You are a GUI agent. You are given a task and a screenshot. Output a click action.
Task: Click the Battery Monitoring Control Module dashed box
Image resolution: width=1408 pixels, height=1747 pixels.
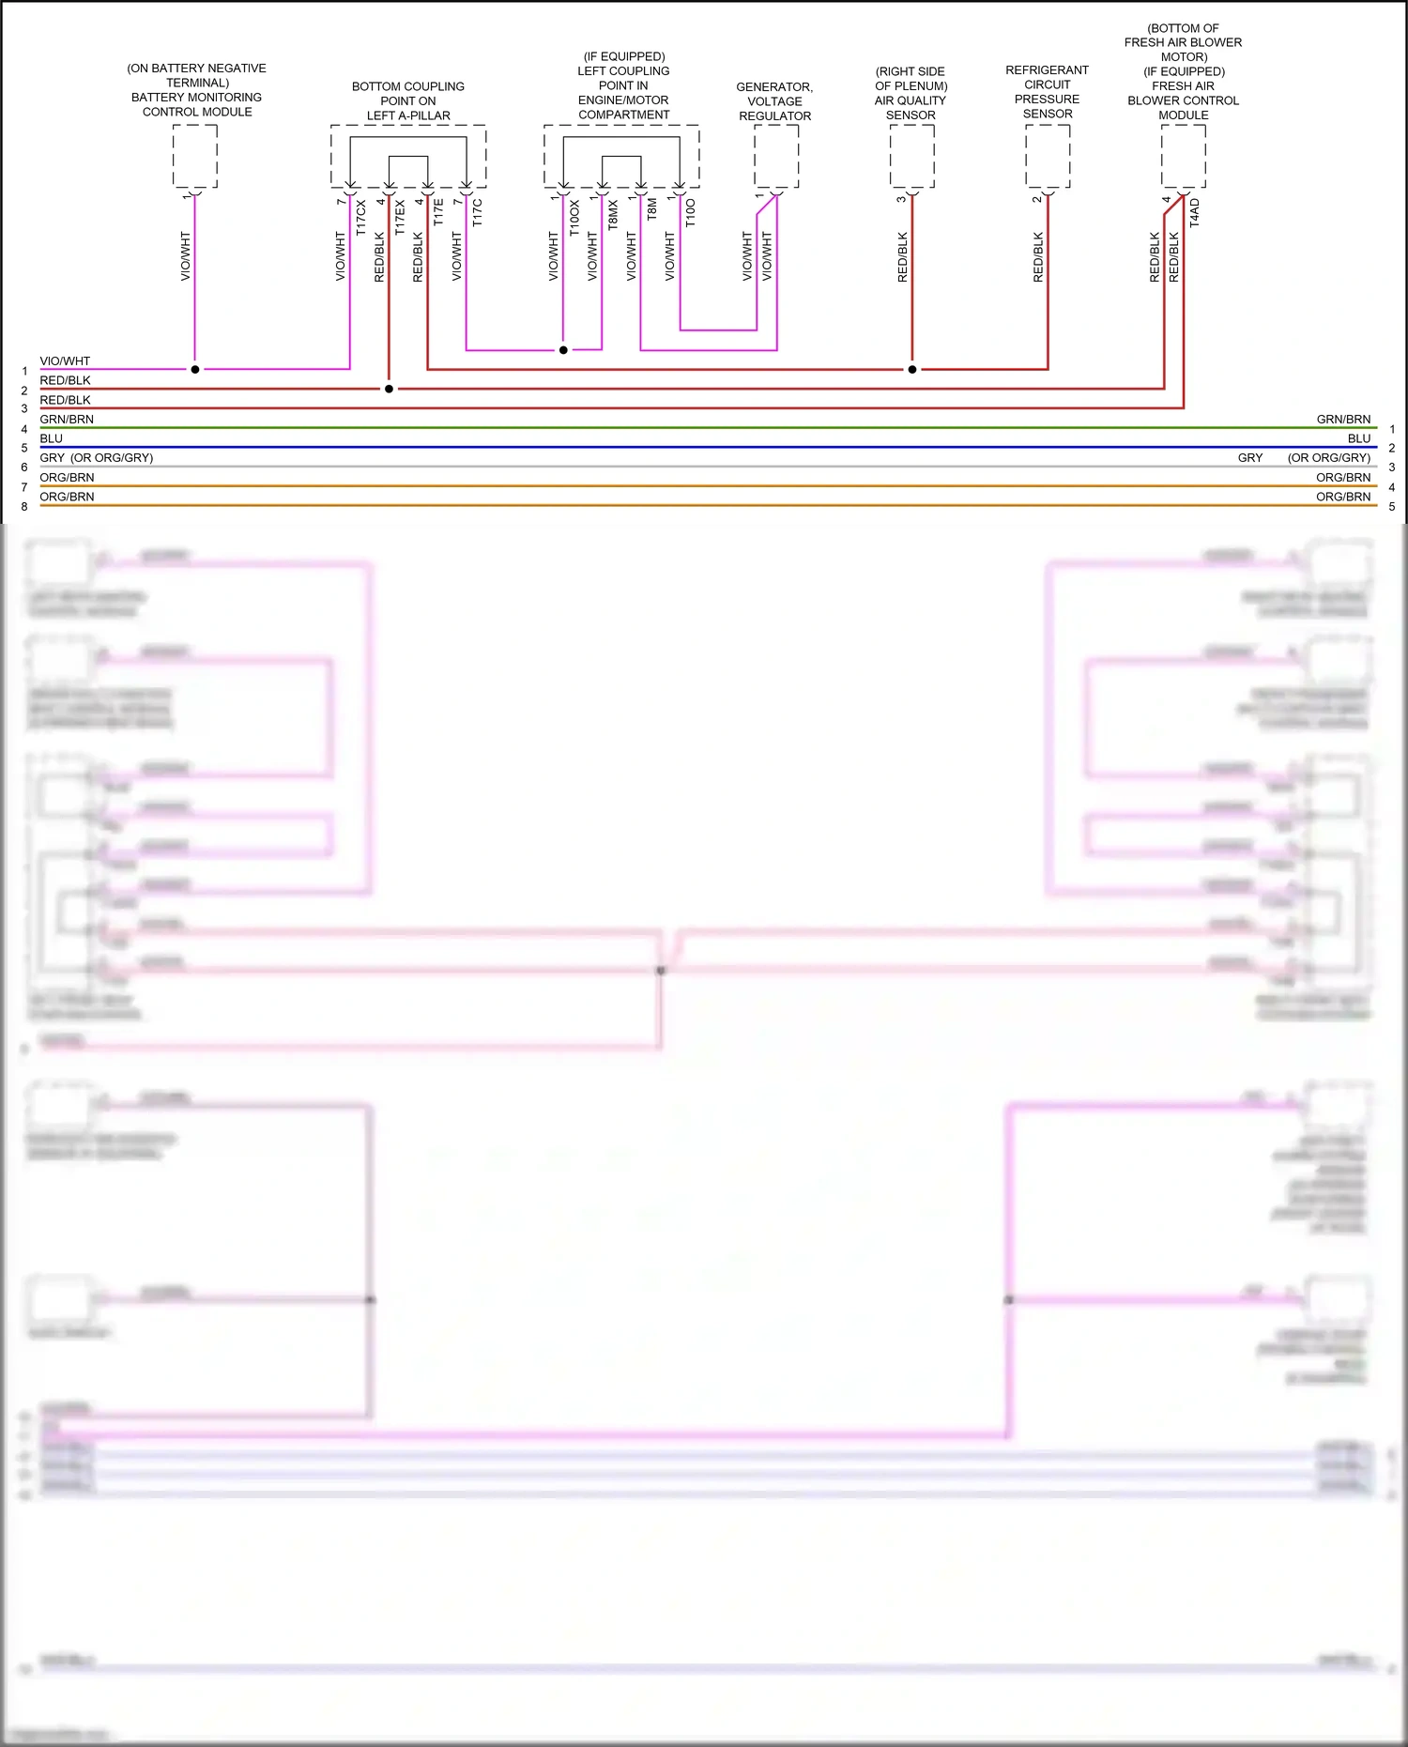click(x=195, y=156)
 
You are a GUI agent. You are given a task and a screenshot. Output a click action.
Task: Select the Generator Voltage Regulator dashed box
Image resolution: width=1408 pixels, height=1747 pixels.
click(x=776, y=156)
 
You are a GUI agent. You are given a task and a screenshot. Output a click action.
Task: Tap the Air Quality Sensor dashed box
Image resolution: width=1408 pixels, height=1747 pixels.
click(x=911, y=156)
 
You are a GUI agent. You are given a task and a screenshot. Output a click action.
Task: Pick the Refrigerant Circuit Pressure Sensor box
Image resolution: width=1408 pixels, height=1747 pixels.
click(x=1048, y=156)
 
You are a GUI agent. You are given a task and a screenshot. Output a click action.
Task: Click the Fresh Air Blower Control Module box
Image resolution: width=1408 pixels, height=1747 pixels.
click(x=1184, y=156)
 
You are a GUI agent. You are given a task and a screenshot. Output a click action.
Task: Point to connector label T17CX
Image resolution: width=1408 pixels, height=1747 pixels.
click(x=361, y=216)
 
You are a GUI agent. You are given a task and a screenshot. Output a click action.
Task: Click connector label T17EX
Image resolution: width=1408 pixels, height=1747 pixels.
click(x=400, y=216)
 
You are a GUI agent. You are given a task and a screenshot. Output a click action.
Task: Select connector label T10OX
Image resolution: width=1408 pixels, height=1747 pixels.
click(x=574, y=216)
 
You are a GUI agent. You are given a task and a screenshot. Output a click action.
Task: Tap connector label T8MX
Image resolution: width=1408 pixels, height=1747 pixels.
click(x=613, y=215)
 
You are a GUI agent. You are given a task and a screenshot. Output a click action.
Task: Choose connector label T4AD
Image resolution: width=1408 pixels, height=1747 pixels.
click(x=1195, y=212)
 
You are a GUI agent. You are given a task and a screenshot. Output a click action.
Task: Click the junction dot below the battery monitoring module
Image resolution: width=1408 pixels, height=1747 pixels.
click(x=195, y=369)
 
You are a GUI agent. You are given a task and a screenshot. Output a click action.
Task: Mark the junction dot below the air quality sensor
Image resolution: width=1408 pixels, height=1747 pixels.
click(x=912, y=369)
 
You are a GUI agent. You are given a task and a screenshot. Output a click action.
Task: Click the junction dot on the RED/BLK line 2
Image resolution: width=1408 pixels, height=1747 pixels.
click(x=389, y=389)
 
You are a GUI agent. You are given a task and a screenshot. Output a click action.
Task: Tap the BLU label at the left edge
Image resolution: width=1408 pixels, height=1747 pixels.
click(x=52, y=438)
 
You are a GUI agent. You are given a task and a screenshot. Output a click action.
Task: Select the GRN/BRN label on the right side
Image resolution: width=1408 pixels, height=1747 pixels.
click(x=1343, y=419)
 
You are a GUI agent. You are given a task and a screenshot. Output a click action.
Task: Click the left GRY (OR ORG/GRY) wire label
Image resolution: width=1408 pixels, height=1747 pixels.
click(x=96, y=458)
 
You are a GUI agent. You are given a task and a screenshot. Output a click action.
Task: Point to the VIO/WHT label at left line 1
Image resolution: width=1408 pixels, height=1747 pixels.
click(x=65, y=360)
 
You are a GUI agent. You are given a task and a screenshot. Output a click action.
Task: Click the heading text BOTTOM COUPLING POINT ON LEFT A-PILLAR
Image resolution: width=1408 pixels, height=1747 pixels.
click(x=408, y=100)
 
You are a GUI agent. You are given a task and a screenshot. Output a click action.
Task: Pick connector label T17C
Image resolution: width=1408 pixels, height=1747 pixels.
click(x=478, y=212)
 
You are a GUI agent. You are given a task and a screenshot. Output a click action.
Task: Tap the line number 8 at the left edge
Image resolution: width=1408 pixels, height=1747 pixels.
click(x=24, y=507)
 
